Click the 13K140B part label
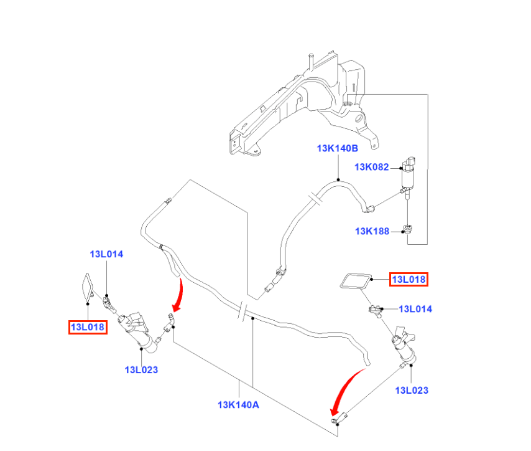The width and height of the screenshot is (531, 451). (x=337, y=148)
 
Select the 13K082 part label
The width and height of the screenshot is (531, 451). (x=371, y=167)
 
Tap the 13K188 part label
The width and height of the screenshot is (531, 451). (x=372, y=231)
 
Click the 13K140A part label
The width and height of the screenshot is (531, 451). (x=238, y=404)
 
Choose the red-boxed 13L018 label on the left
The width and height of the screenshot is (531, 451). (x=88, y=327)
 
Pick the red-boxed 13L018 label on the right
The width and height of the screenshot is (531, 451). (x=409, y=279)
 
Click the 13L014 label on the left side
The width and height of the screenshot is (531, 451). (x=106, y=254)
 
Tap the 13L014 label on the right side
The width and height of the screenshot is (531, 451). (x=415, y=309)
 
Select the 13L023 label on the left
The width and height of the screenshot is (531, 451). (x=141, y=369)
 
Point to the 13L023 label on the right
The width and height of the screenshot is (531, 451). (x=412, y=390)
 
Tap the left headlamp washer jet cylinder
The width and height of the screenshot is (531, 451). (x=134, y=331)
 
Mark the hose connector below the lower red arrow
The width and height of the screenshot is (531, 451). (x=339, y=418)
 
